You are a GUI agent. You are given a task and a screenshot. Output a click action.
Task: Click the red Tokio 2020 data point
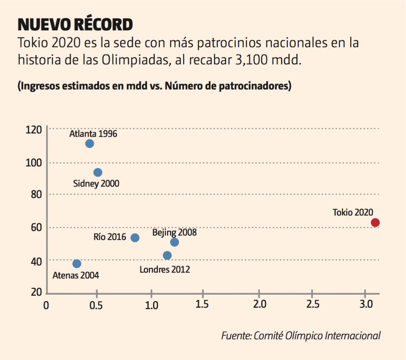click(x=375, y=223)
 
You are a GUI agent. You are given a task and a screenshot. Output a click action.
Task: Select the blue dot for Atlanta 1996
click(x=90, y=144)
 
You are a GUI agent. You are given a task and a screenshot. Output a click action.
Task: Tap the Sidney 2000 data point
click(x=98, y=172)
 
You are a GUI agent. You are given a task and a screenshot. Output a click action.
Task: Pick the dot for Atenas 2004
click(x=77, y=264)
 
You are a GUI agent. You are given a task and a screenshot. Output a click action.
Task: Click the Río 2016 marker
click(x=135, y=238)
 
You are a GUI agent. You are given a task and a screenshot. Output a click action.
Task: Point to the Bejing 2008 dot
click(x=174, y=242)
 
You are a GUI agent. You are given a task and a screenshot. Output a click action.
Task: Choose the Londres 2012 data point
click(x=167, y=255)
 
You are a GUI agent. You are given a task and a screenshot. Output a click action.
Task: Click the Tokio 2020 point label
click(x=353, y=212)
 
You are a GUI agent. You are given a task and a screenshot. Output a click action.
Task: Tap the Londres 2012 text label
click(x=165, y=270)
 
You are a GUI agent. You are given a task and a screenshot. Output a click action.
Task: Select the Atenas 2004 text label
click(x=76, y=275)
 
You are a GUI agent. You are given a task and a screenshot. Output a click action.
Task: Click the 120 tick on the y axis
click(x=34, y=130)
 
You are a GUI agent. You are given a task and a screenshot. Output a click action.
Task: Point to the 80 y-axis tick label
click(x=36, y=195)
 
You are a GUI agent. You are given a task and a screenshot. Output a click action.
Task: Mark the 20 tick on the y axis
click(x=36, y=292)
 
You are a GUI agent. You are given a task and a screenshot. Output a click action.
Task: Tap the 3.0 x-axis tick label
click(x=366, y=304)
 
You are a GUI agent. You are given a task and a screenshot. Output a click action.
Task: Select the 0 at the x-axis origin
click(x=46, y=305)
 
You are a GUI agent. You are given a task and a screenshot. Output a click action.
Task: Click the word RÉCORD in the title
click(x=103, y=25)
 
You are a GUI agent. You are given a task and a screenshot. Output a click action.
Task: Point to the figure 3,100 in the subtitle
click(x=251, y=60)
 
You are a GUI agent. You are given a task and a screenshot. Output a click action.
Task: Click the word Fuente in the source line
click(x=236, y=336)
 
